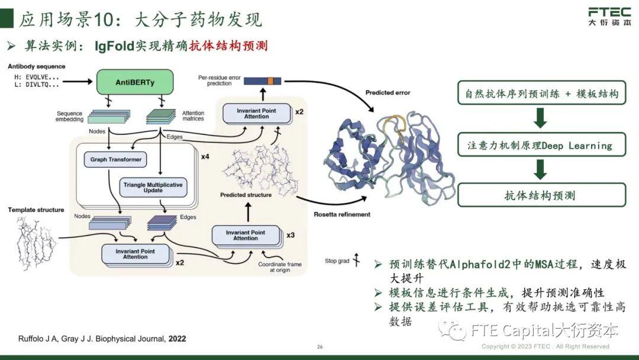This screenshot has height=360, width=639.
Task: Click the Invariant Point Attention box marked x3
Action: (245, 235)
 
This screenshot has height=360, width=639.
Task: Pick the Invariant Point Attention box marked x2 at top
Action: (256, 114)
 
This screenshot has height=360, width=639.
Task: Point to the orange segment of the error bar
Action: (270, 81)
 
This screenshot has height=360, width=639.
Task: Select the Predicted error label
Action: (388, 93)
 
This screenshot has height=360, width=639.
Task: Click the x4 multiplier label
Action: (205, 157)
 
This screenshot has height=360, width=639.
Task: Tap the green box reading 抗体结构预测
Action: (541, 195)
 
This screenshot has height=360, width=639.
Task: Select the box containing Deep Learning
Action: (541, 145)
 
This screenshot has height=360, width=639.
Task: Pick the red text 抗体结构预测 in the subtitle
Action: (228, 46)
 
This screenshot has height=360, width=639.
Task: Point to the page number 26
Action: (319, 346)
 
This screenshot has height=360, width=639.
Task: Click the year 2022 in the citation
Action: (177, 339)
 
